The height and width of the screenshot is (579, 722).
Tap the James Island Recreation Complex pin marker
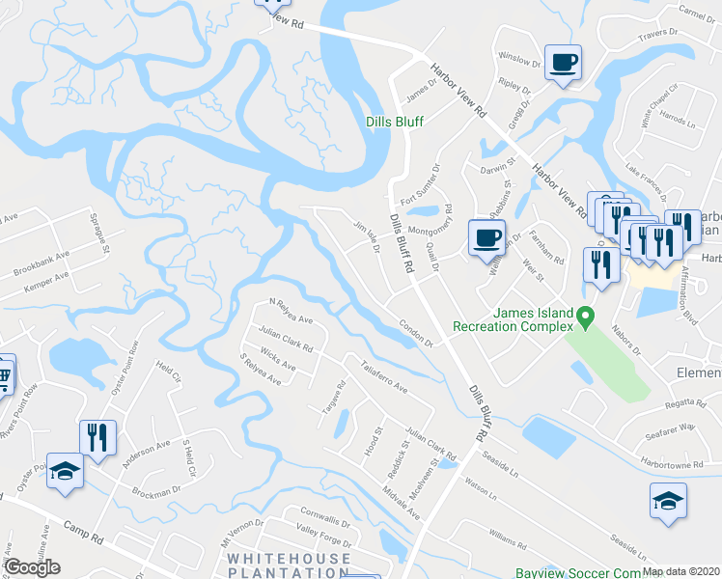tap(584, 316)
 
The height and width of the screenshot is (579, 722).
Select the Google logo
tap(32, 567)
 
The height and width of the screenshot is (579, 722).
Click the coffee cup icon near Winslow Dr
tap(563, 64)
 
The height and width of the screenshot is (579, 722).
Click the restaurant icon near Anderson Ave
tap(97, 437)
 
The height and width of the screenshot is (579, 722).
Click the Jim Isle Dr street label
tap(367, 234)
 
